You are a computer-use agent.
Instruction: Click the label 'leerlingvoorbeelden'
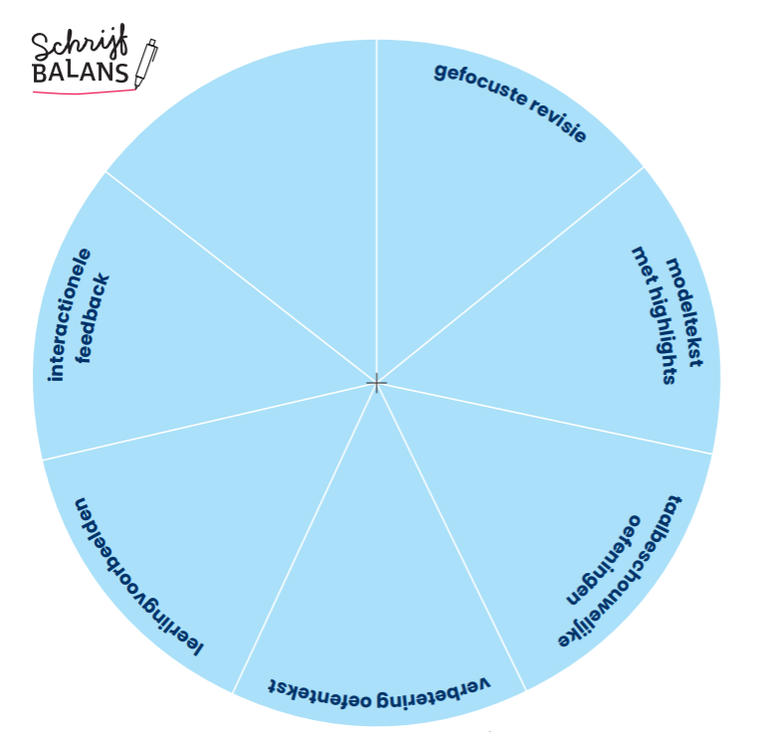[138, 577]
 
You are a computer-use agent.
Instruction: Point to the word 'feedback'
[96, 318]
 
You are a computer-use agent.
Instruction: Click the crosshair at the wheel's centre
[376, 383]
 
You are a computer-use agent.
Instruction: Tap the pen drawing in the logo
[145, 64]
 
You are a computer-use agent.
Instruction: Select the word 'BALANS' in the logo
[80, 75]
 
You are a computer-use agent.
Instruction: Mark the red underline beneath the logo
[85, 91]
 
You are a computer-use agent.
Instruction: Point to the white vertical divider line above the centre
[376, 199]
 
